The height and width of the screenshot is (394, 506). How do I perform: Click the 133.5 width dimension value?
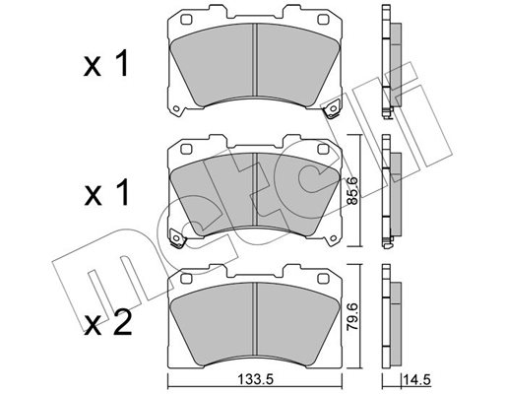[x=255, y=380]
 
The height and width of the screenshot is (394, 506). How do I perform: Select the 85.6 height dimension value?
[x=352, y=191]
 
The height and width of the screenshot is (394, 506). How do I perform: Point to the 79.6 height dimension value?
[x=352, y=319]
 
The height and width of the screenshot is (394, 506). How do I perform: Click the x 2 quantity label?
[x=108, y=322]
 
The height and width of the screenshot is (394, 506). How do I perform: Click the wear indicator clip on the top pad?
[x=333, y=109]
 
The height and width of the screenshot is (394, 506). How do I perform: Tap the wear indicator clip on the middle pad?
[x=177, y=238]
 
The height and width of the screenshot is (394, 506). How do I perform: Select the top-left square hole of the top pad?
[x=186, y=20]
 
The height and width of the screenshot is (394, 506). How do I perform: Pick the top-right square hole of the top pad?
[x=323, y=20]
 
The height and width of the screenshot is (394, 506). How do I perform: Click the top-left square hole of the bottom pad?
[x=186, y=279]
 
